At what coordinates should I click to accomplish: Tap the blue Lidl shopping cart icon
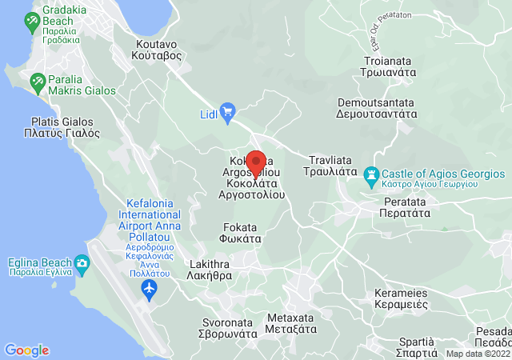[x=227, y=110]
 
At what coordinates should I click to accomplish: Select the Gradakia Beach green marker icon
[x=33, y=23]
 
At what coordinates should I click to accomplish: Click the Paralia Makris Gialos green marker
[x=37, y=82]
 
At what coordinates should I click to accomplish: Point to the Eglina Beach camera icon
[x=82, y=262]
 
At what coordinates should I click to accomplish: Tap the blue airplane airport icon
[x=148, y=287]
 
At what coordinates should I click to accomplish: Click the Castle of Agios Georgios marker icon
[x=371, y=174]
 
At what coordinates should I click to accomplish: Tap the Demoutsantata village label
[x=376, y=108]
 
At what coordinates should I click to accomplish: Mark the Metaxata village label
[x=290, y=322]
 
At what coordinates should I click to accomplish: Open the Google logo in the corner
[x=26, y=350]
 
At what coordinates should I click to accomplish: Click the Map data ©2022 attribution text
[x=477, y=354]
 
